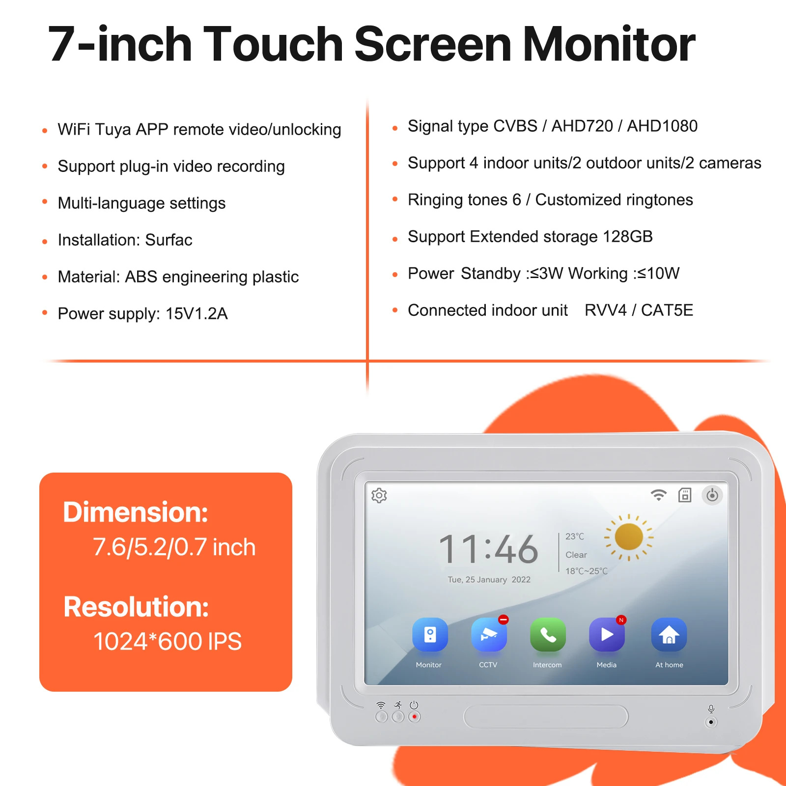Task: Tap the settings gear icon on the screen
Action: [x=379, y=495]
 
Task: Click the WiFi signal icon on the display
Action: [x=658, y=495]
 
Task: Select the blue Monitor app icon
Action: [x=430, y=634]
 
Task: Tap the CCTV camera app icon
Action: [x=489, y=634]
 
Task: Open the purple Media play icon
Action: [x=607, y=634]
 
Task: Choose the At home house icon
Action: [x=669, y=634]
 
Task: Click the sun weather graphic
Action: [x=629, y=537]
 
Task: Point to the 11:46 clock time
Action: [x=488, y=549]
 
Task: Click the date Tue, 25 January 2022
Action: [x=489, y=580]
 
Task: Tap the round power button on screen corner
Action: [x=712, y=495]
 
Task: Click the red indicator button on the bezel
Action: [x=415, y=717]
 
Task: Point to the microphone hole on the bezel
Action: [x=711, y=722]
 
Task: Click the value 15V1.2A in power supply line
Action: [x=196, y=314]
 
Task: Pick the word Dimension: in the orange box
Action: [x=136, y=512]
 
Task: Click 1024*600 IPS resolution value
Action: [x=168, y=642]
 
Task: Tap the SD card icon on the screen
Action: [x=684, y=495]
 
